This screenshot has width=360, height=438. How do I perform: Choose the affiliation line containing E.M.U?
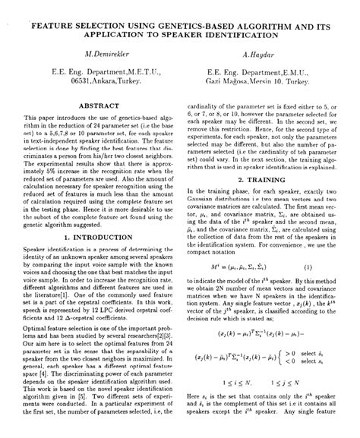pos(261,72)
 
